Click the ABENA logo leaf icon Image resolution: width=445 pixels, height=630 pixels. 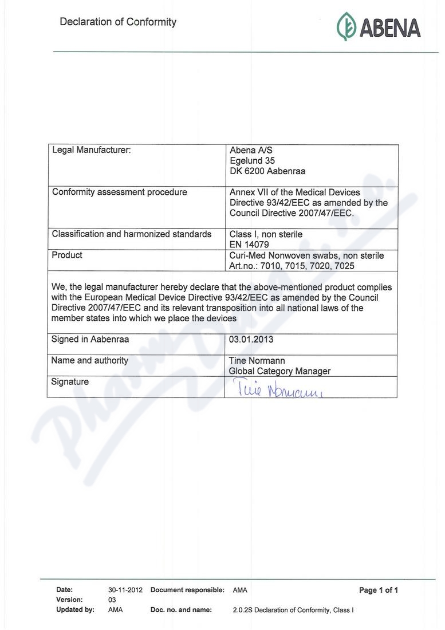pos(346,26)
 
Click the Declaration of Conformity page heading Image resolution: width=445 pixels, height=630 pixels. pos(118,22)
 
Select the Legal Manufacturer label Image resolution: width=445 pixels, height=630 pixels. pos(92,151)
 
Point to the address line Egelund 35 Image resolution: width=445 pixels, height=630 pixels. pos(252,161)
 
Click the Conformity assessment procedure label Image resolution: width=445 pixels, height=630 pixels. pos(120,192)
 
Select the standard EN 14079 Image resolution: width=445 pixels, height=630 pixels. pos(250,245)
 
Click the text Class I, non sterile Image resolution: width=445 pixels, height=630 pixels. pos(266,234)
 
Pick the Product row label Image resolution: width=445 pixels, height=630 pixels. pos(67,255)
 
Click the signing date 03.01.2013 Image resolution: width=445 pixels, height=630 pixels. pos(251,340)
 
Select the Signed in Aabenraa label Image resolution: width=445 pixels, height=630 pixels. pos(90,340)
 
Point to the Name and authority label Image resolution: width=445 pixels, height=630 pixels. pos(90,361)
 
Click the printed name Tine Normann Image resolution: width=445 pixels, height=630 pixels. pos(257,361)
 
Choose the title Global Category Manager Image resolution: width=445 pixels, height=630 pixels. pos(279,371)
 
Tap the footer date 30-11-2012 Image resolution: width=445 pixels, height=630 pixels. pos(125,590)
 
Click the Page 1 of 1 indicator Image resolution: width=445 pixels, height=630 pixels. pos(378,590)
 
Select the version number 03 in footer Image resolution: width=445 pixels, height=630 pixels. pos(112,600)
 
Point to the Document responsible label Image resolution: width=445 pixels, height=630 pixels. pos(187,590)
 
